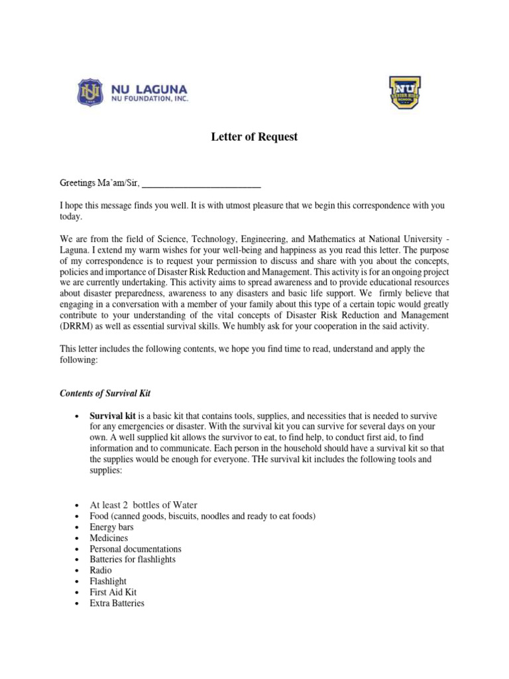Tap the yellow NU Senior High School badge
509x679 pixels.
click(404, 92)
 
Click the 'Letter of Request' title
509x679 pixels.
click(254, 137)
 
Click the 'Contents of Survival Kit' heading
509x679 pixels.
click(106, 394)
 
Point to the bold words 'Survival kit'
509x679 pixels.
click(112, 416)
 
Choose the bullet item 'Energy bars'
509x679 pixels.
click(111, 527)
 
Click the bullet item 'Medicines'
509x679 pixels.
click(109, 538)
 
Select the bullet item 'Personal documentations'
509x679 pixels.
click(135, 549)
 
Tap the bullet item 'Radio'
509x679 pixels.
click(101, 570)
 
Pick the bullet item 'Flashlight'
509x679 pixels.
click(107, 582)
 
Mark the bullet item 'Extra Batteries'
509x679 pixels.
click(117, 603)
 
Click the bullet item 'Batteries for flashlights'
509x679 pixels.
click(133, 560)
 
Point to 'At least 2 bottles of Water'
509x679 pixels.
click(143, 505)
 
